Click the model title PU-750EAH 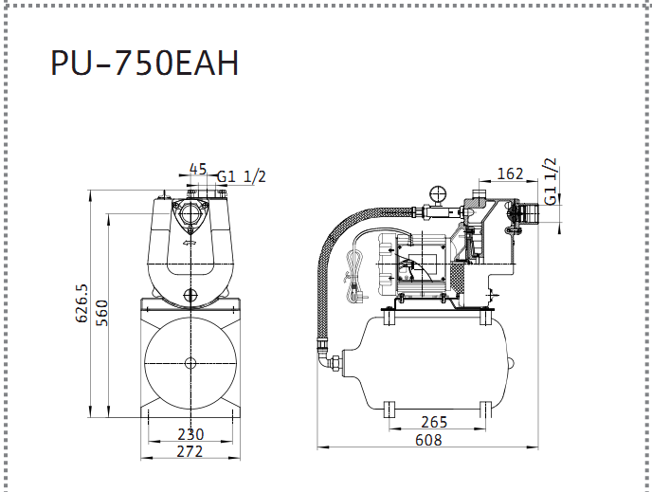pyautogui.click(x=144, y=63)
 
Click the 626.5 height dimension pyautogui.click(x=81, y=303)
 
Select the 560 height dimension pyautogui.click(x=101, y=313)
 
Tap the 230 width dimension pyautogui.click(x=190, y=434)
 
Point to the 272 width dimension pyautogui.click(x=190, y=451)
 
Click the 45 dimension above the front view pyautogui.click(x=198, y=170)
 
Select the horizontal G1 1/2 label pyautogui.click(x=241, y=176)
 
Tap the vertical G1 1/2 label pyautogui.click(x=550, y=181)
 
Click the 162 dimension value pyautogui.click(x=510, y=173)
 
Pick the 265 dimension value pyautogui.click(x=434, y=422)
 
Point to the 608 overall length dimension pyautogui.click(x=428, y=440)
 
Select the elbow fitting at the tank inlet pyautogui.click(x=328, y=358)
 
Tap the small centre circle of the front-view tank pyautogui.click(x=190, y=363)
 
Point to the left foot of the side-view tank pyautogui.click(x=389, y=410)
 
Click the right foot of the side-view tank pyautogui.click(x=485, y=410)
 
